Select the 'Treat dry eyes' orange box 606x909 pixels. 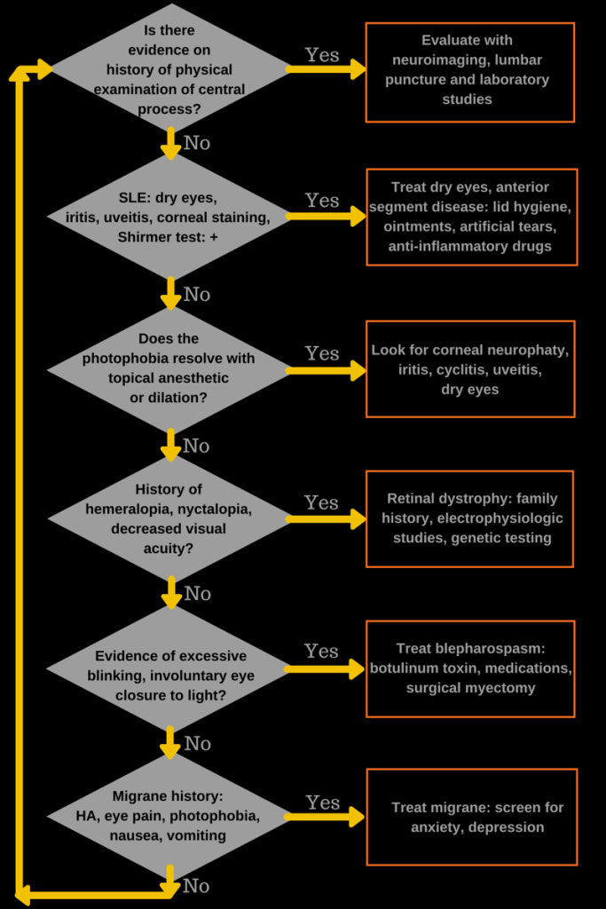[471, 217]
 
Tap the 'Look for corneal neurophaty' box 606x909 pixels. [470, 368]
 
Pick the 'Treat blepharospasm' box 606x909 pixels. [470, 668]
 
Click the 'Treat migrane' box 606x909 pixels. [471, 817]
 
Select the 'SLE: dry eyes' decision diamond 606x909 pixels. [169, 217]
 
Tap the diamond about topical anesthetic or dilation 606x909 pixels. [169, 368]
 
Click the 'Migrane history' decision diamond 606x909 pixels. [169, 816]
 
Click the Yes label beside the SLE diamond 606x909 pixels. [322, 201]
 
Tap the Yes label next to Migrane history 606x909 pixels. [322, 802]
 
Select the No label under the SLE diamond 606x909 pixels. [197, 294]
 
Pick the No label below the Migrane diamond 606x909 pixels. [196, 886]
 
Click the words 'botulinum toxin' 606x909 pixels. [420, 668]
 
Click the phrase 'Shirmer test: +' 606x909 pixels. [168, 237]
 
